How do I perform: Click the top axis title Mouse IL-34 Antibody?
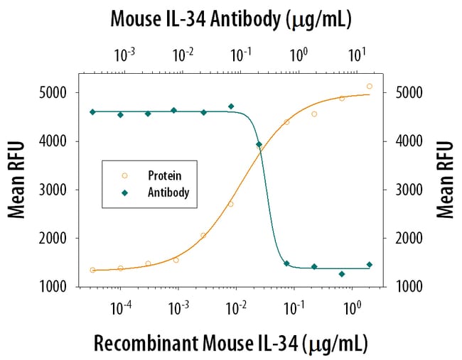pos(230,19)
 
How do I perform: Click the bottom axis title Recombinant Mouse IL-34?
pos(230,343)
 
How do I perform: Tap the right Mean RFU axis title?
pos(445,189)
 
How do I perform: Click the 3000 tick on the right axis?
pos(408,190)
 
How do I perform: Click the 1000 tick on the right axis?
pos(408,287)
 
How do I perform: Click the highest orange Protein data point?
pos(369,87)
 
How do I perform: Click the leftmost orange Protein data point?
pos(93,270)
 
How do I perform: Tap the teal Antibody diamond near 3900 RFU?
pos(259,144)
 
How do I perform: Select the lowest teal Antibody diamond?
pos(342,274)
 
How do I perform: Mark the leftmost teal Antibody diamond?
pos(93,112)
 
